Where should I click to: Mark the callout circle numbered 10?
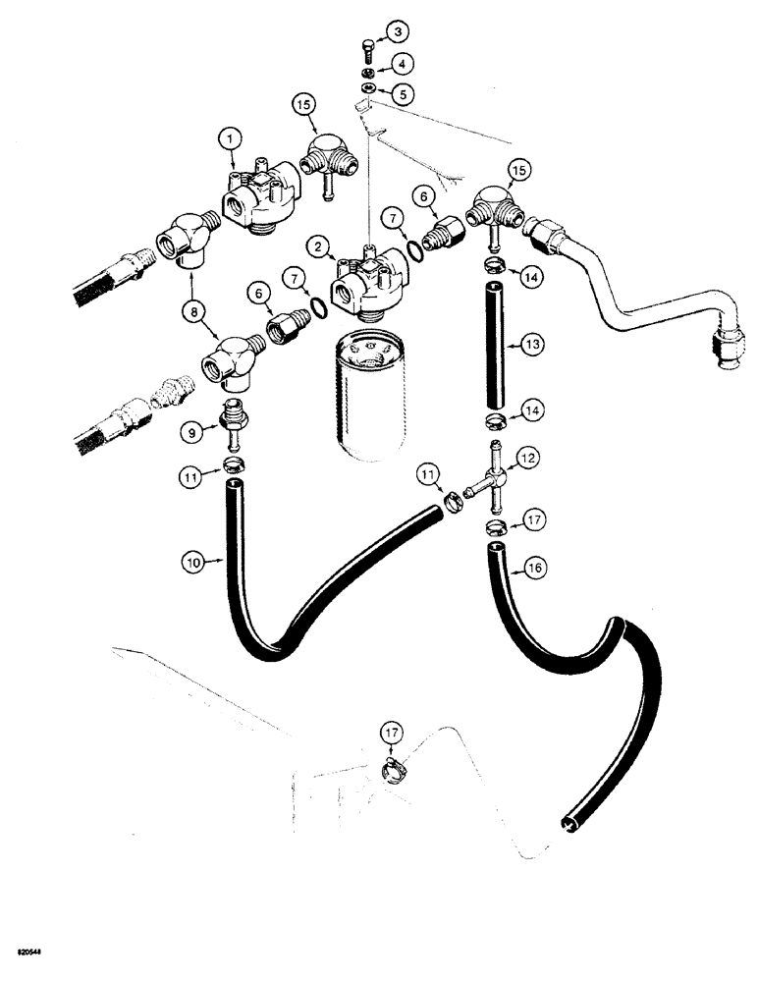pos(194,564)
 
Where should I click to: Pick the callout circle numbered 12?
pos(527,458)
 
